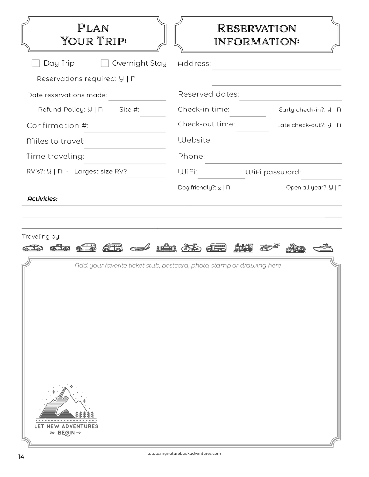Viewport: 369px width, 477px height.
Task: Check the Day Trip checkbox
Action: coord(36,63)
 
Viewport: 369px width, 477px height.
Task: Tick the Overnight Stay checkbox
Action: coord(105,63)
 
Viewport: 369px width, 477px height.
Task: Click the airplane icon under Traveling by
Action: coord(140,248)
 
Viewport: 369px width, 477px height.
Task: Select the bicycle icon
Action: coord(191,248)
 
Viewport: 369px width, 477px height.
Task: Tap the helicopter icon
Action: coord(269,248)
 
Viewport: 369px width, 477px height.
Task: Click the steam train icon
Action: coord(243,248)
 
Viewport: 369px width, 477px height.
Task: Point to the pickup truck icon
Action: coord(60,248)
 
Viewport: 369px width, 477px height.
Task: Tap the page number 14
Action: coord(21,457)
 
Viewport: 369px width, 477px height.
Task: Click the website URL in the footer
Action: coord(184,454)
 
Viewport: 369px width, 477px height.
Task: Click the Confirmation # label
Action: coord(57,126)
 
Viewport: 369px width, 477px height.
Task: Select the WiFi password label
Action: coord(273,172)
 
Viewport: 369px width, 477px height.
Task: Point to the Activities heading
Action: coord(42,199)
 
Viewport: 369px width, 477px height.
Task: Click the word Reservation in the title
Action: coord(256,29)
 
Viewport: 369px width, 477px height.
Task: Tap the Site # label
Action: coord(129,110)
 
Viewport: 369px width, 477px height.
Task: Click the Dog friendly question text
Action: coord(204,188)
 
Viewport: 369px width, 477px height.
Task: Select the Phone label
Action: coord(191,156)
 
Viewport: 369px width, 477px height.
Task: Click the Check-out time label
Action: coord(206,124)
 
